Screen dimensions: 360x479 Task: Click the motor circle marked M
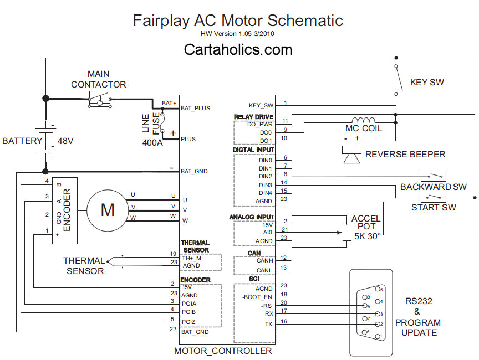(x=108, y=210)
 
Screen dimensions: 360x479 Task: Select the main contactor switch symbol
(x=100, y=100)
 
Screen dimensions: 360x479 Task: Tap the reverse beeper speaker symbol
(x=350, y=153)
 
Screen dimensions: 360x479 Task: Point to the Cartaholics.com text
(x=238, y=50)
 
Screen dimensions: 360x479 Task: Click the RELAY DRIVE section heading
(x=253, y=117)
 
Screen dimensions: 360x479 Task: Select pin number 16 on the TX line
(x=284, y=321)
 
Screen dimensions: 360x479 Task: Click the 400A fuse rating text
(x=153, y=142)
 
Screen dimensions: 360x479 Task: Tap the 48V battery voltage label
(x=65, y=141)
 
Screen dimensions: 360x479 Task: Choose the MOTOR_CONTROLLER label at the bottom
(x=223, y=351)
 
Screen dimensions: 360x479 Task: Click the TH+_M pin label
(x=191, y=258)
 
